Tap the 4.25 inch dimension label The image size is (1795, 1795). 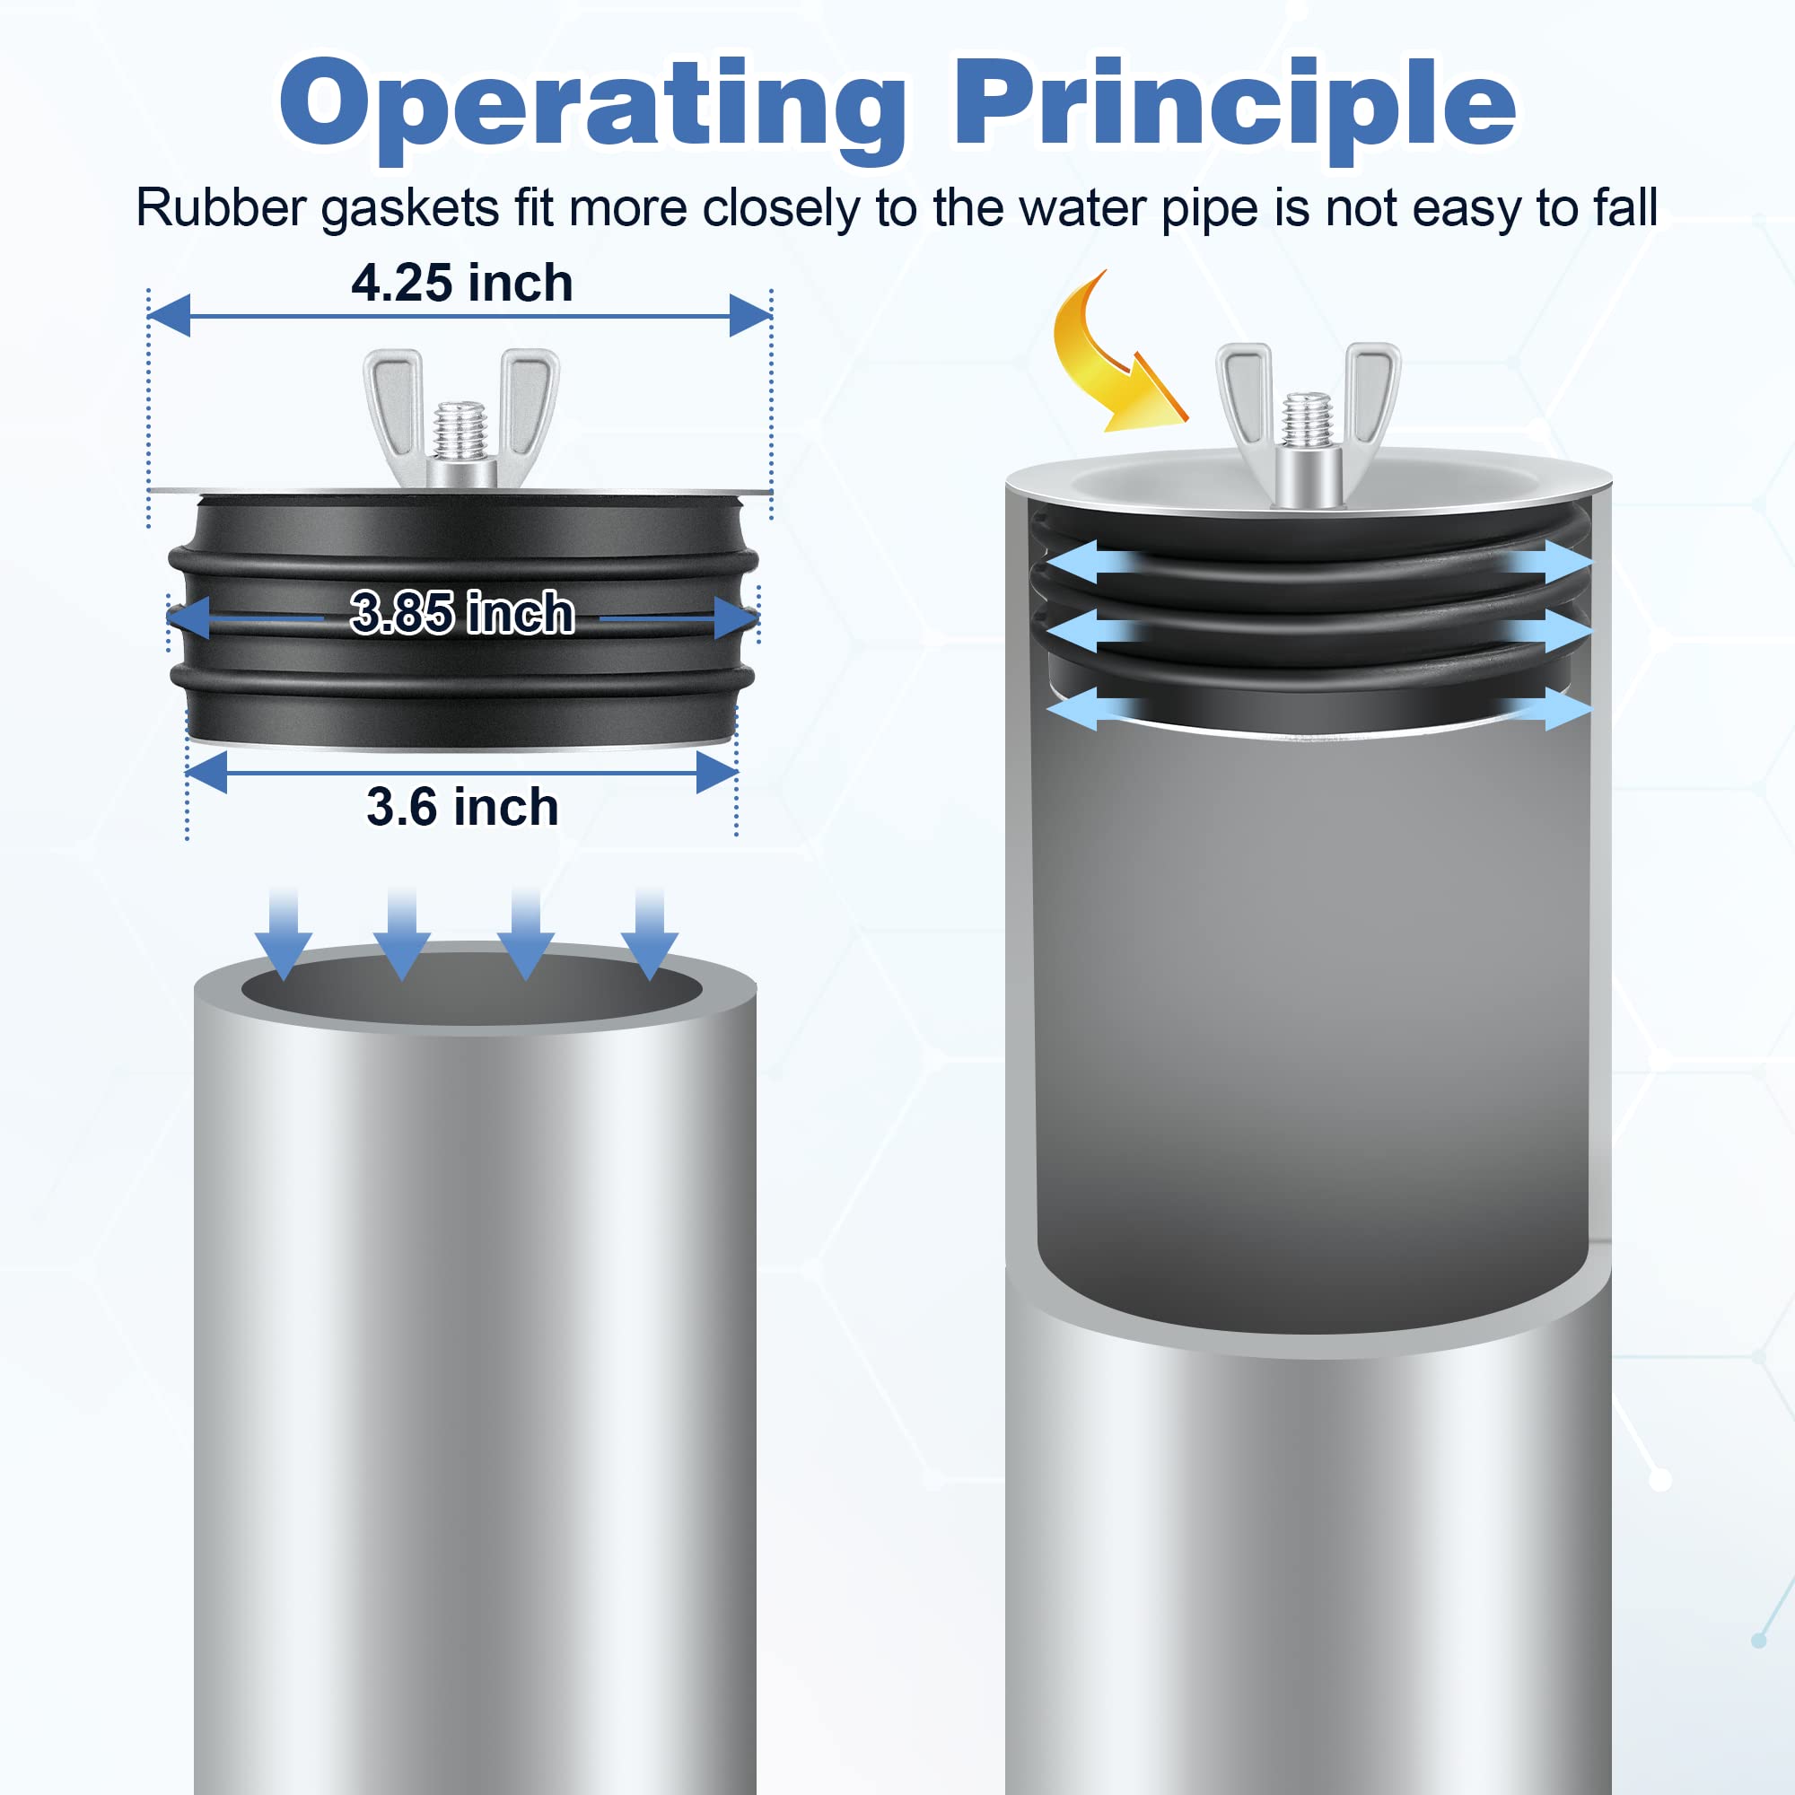[461, 284]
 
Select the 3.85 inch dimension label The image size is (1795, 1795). [461, 613]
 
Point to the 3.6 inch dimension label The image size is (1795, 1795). [461, 807]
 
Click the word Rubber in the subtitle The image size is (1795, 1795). [220, 207]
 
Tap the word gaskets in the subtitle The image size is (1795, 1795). [410, 209]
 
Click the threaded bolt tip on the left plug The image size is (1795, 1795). [460, 429]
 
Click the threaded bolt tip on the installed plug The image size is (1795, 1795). [1308, 420]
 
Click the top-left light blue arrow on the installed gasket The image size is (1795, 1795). [1082, 563]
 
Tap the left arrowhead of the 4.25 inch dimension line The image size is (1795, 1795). [169, 316]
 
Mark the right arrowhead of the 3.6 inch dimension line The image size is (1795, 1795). [716, 773]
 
